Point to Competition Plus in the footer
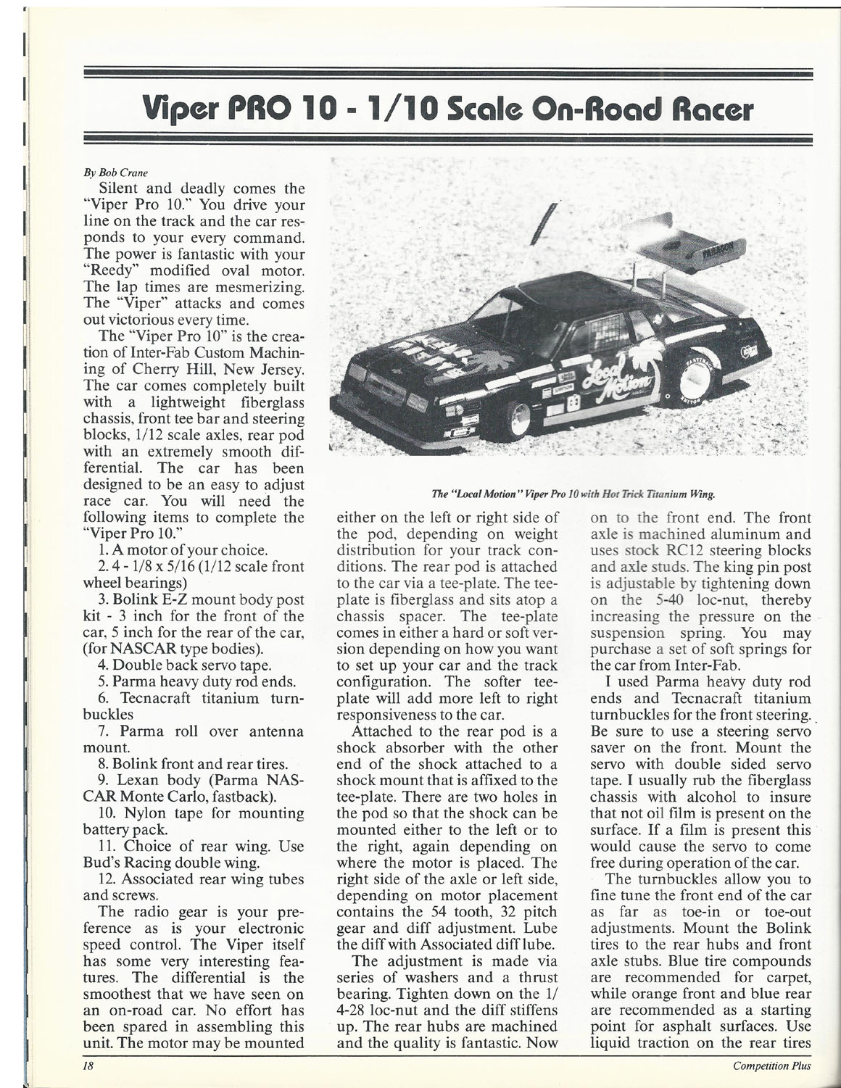pos(771,1066)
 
